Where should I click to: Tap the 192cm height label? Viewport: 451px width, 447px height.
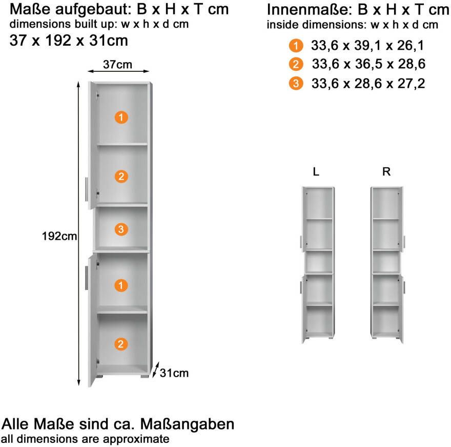(x=59, y=236)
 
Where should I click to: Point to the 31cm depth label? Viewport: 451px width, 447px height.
(x=174, y=373)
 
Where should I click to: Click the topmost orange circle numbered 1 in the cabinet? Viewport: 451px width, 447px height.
(x=120, y=117)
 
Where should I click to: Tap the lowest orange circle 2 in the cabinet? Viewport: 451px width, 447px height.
(x=120, y=344)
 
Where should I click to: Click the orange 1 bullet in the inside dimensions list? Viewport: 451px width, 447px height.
(x=296, y=46)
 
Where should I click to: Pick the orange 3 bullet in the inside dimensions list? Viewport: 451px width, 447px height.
(x=296, y=83)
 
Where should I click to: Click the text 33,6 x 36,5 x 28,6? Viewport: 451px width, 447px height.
(x=368, y=65)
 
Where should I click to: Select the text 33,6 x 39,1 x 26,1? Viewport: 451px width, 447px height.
(x=367, y=46)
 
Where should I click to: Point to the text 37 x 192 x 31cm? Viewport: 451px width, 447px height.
(x=69, y=41)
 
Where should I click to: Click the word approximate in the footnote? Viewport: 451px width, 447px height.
(x=136, y=439)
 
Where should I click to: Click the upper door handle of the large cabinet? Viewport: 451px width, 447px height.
(x=86, y=189)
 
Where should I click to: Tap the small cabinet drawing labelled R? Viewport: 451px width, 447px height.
(x=387, y=264)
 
